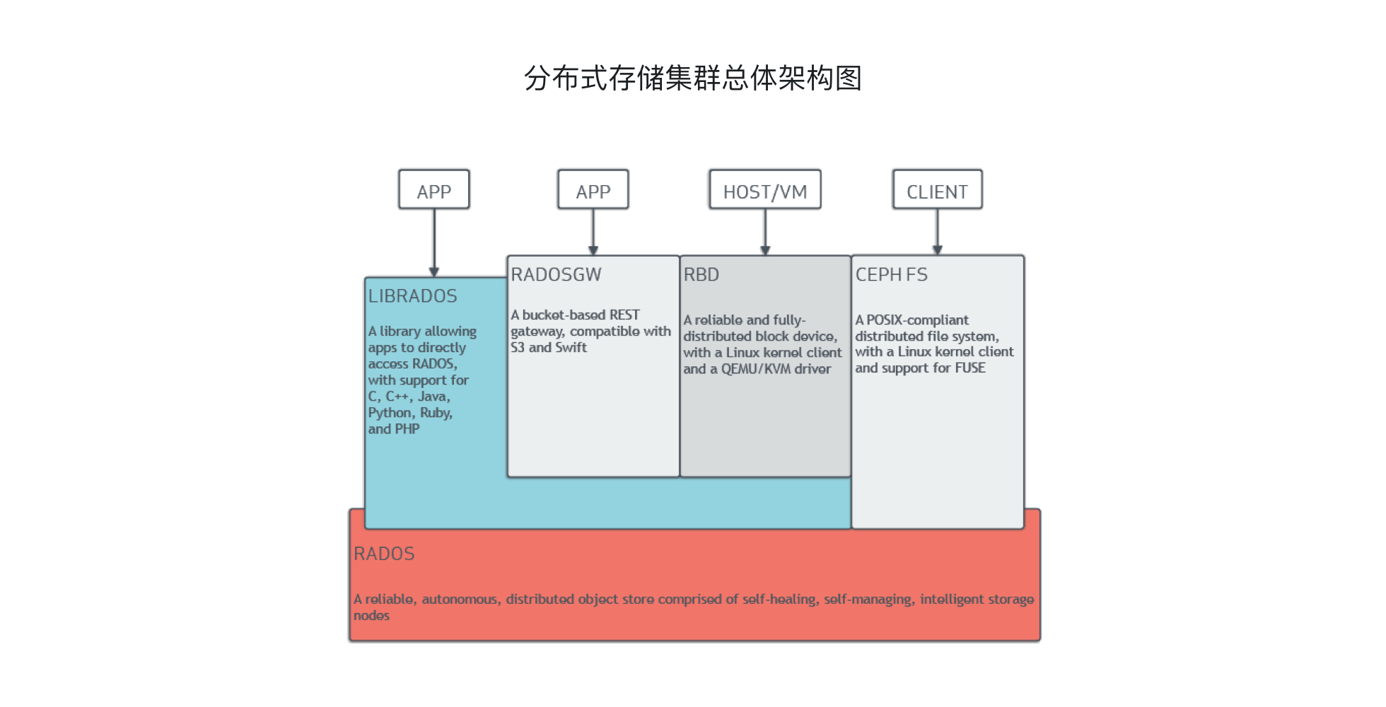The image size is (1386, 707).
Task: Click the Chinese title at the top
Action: pos(692,78)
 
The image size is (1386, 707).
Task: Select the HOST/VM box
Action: pos(764,190)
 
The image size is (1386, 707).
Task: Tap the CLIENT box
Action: pos(937,190)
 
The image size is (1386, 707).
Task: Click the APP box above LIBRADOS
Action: pos(433,190)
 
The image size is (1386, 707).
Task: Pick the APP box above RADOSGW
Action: pos(593,190)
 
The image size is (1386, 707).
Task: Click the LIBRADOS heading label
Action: pos(412,296)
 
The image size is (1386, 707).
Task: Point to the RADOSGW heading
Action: pos(556,274)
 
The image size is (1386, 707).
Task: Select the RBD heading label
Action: pos(701,274)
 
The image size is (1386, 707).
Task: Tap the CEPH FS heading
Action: pos(891,274)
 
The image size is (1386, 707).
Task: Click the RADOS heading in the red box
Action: pos(384,554)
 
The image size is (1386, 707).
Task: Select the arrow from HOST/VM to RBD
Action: pos(764,232)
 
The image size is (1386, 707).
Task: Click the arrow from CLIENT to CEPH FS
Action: pos(937,232)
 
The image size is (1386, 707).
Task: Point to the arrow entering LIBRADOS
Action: pos(433,243)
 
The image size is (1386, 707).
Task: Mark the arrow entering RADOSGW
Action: pos(593,232)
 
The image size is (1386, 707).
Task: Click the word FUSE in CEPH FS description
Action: pos(969,368)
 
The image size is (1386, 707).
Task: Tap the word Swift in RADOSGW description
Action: pos(571,347)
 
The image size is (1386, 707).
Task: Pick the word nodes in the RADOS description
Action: pos(371,615)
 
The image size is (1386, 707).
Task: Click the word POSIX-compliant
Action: pos(917,320)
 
